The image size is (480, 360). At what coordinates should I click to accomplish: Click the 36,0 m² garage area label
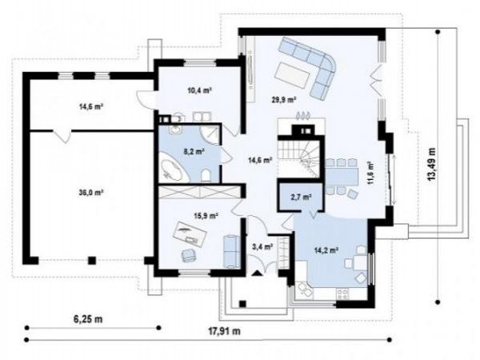tap(90, 193)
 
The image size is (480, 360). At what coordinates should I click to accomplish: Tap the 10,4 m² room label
tap(200, 90)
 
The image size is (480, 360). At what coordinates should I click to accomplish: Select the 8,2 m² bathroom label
tap(194, 151)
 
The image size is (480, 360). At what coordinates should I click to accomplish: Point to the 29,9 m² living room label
tap(283, 99)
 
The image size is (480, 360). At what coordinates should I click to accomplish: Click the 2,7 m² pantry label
tap(302, 198)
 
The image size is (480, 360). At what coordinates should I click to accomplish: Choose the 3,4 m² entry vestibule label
tap(262, 246)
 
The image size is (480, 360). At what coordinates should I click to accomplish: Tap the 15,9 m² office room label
tap(206, 216)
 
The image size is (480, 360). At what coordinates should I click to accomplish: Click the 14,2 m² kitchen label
tap(326, 250)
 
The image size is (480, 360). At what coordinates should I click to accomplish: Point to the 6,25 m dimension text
tap(88, 319)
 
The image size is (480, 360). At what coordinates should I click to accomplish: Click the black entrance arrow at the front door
tap(257, 273)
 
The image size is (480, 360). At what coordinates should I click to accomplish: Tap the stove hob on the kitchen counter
tap(342, 294)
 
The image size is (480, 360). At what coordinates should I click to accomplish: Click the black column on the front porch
tap(242, 304)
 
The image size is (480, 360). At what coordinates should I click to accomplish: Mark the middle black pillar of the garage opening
tap(92, 261)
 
